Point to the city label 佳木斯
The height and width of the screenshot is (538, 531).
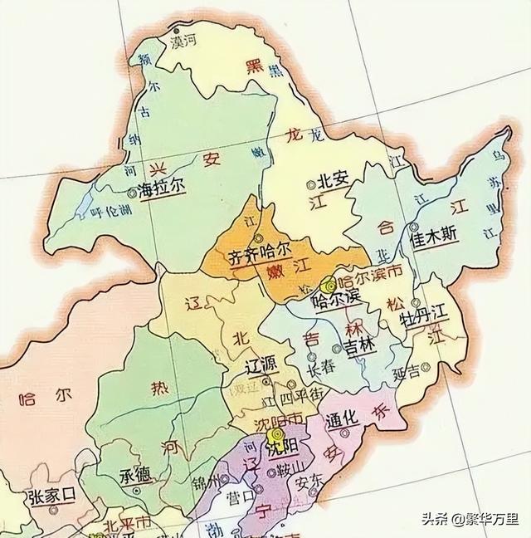(433, 233)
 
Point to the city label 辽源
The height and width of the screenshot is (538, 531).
(265, 364)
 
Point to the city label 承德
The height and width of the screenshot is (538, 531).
(135, 478)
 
